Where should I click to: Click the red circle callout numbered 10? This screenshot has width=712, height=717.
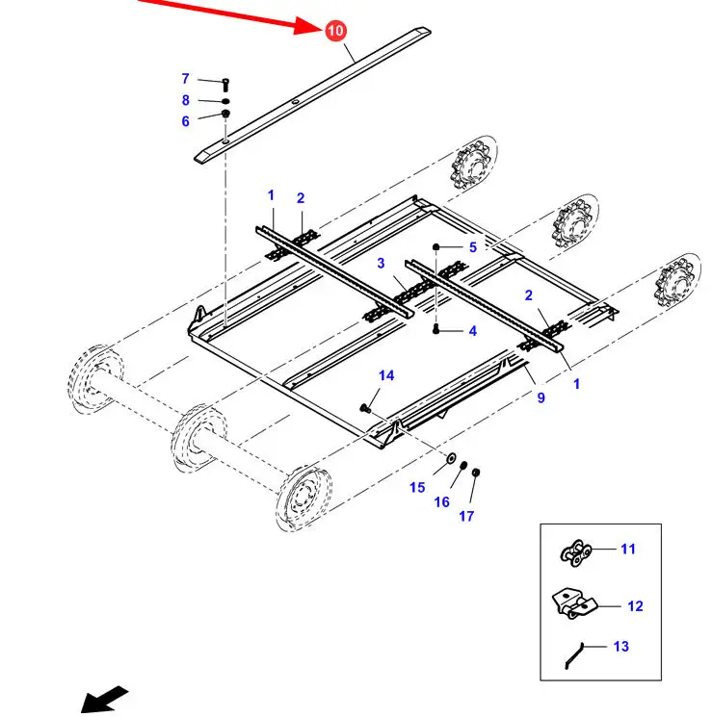point(334,30)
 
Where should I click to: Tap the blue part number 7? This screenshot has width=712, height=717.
point(186,79)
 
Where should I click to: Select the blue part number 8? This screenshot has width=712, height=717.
point(186,100)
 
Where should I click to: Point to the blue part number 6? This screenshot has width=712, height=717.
point(186,121)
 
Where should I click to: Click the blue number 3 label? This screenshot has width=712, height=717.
point(381,264)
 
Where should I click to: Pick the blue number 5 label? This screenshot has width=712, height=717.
point(472,247)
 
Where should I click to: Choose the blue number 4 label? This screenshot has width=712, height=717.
point(472,331)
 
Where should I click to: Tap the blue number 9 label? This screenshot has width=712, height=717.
point(541,397)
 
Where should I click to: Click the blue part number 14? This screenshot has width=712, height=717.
point(386,375)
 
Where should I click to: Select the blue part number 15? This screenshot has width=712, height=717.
point(417,488)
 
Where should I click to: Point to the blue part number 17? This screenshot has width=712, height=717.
point(466,516)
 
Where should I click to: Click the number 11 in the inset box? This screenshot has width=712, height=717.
point(628,550)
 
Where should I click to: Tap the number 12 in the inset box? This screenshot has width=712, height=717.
point(635,606)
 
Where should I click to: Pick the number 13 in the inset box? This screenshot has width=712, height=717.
point(621,646)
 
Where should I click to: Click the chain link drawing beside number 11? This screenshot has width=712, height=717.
point(575,552)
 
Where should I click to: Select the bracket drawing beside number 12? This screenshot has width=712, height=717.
point(574,604)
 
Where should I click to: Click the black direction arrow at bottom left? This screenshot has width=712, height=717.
point(104,698)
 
